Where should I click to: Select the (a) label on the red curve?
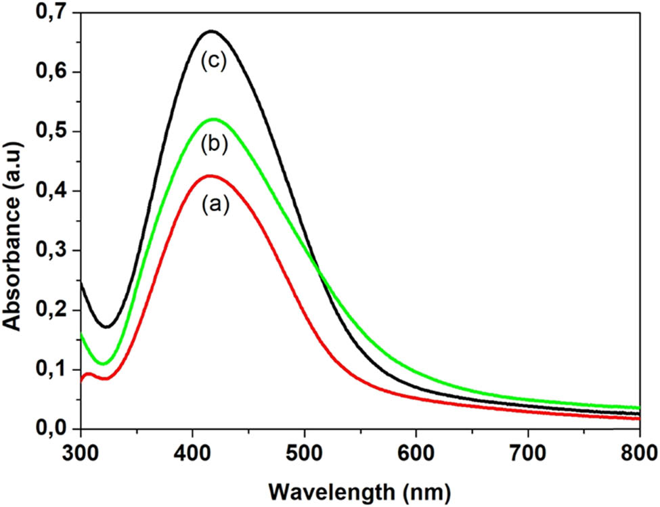215,204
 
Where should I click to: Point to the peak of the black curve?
212,31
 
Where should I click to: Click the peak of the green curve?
215,119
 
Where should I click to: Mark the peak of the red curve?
211,176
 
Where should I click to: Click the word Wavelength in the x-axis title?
328,488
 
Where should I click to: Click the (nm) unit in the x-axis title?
418,488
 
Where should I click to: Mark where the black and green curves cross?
320,272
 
